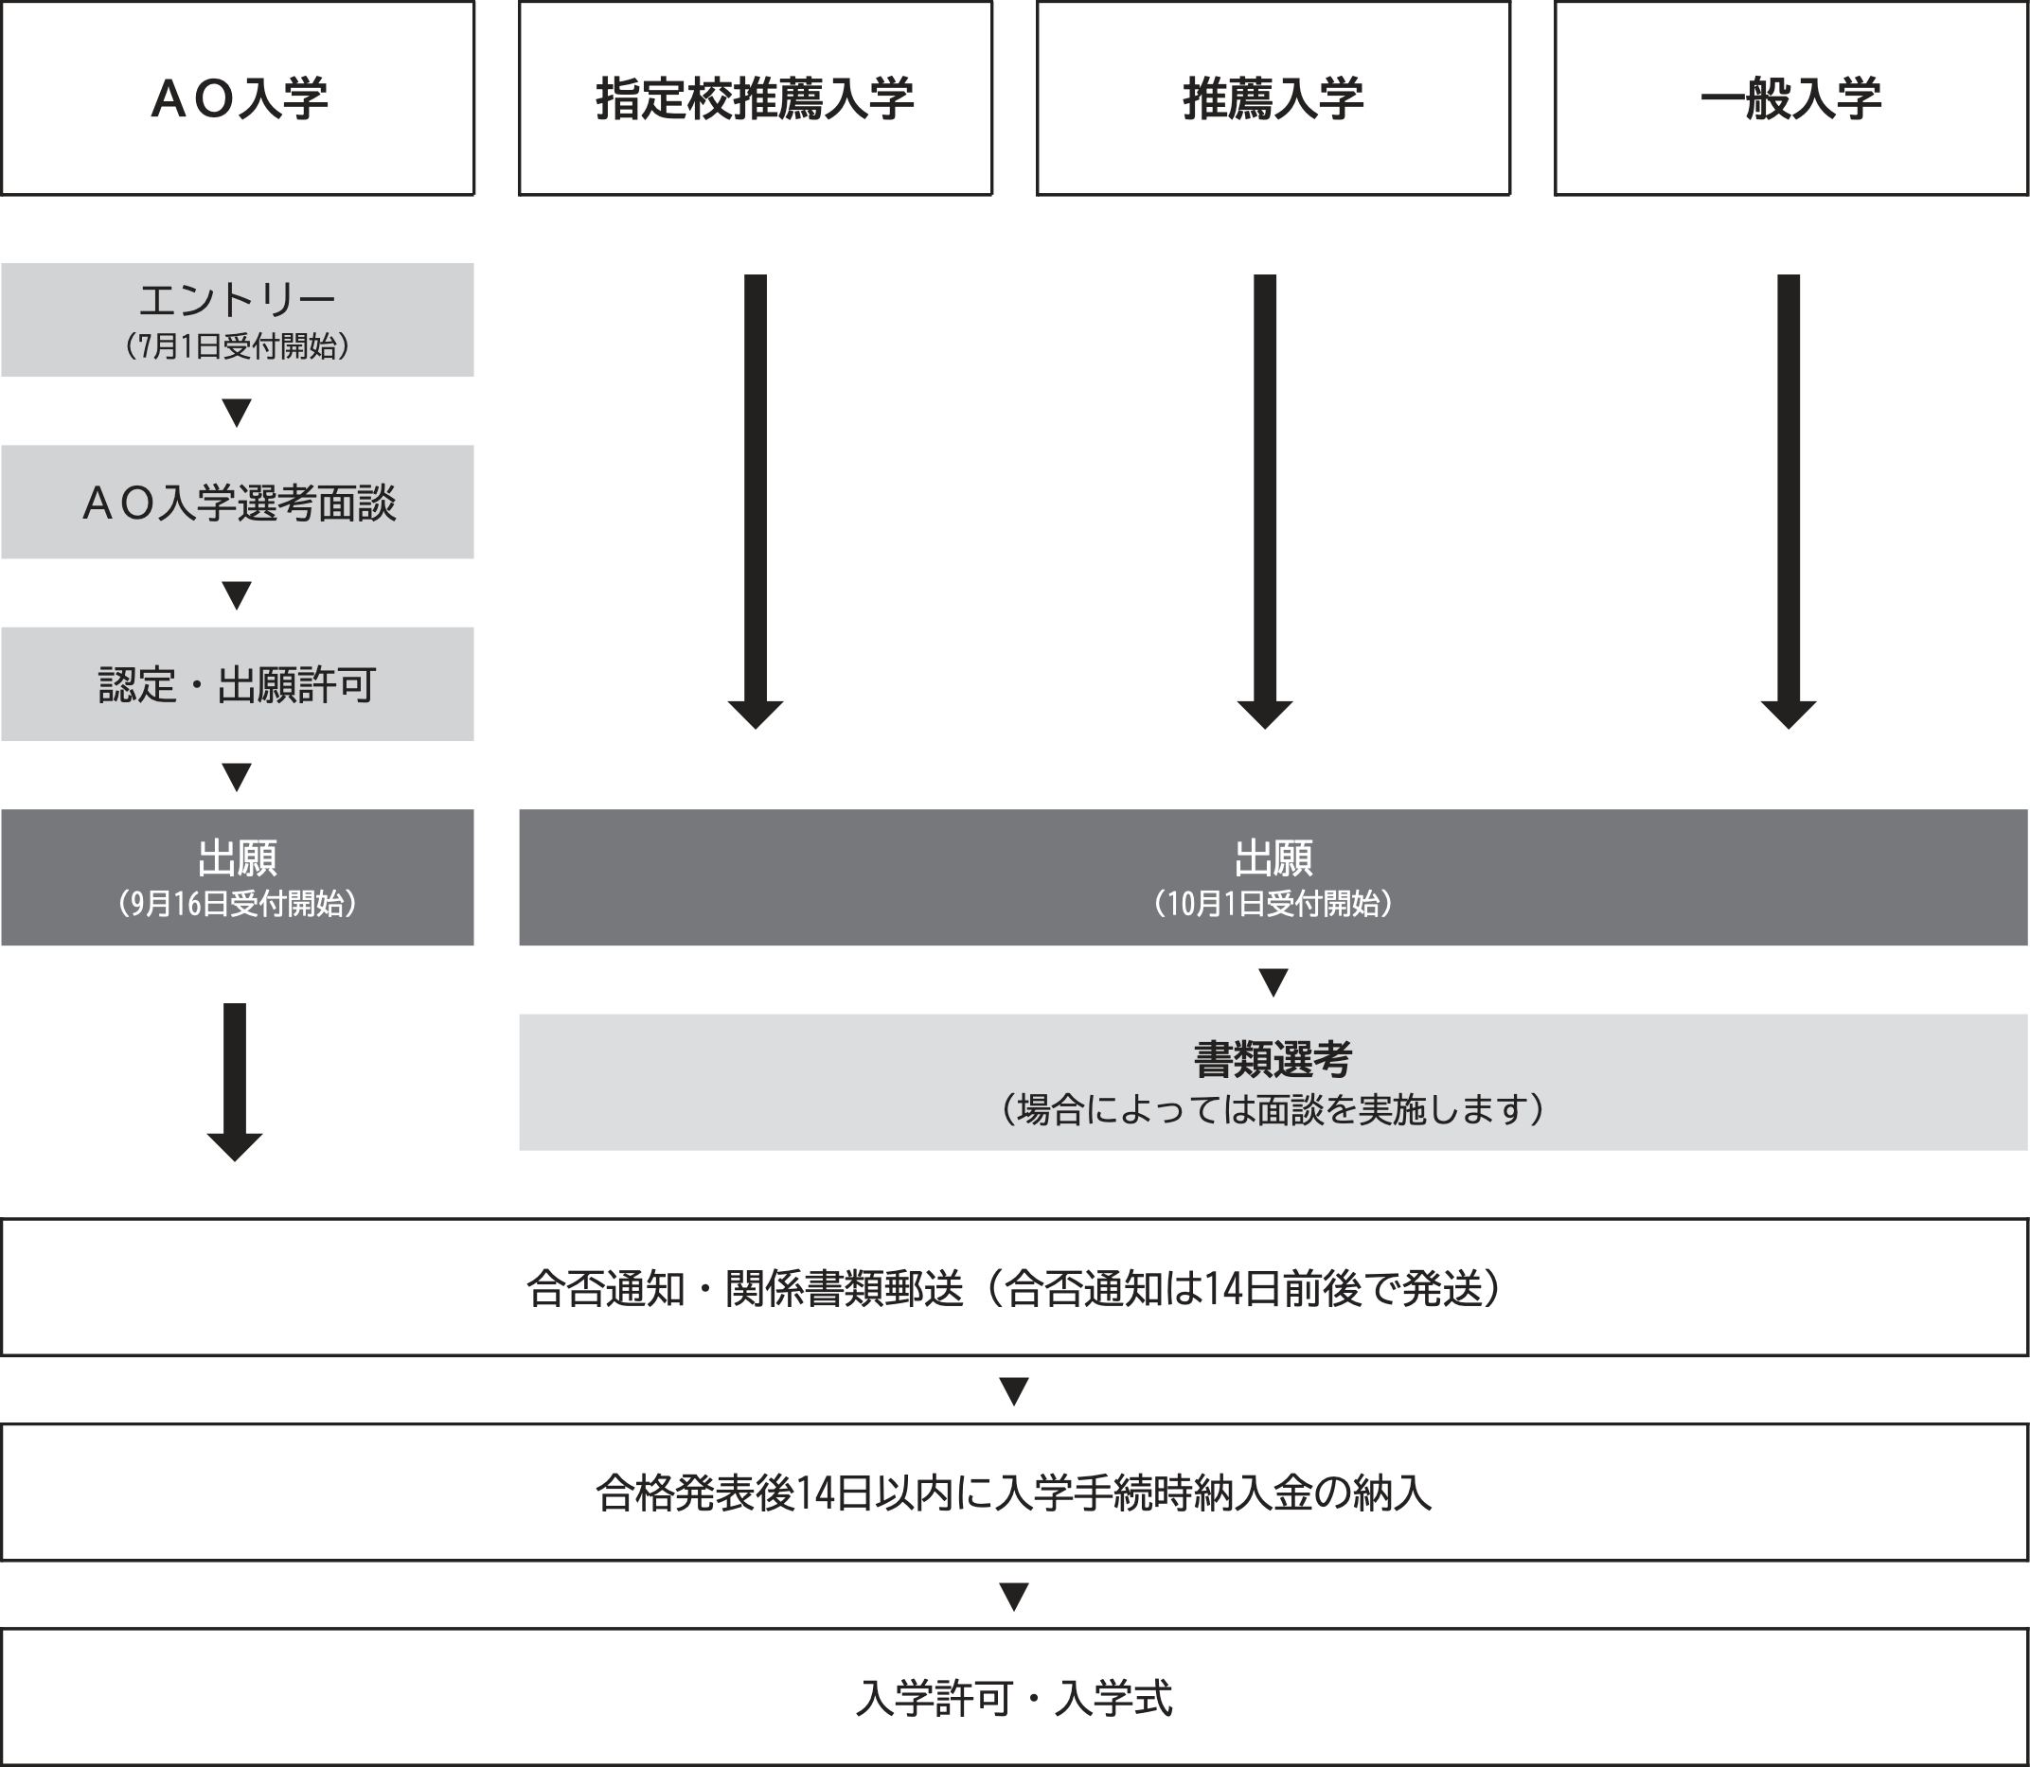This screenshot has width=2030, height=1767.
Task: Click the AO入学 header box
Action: coord(238,97)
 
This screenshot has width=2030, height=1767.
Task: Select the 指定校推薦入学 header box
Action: coord(756,97)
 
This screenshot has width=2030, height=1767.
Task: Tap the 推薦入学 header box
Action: coord(1273,97)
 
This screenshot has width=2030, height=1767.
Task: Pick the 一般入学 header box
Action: coord(1791,97)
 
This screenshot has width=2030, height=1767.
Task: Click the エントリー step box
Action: coord(238,320)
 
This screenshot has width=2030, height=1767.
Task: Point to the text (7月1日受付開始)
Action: coord(238,347)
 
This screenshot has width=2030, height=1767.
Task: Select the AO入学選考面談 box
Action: coord(238,502)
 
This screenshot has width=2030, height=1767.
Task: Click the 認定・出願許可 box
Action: coord(238,684)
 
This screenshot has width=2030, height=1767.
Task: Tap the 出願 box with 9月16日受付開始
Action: coord(238,877)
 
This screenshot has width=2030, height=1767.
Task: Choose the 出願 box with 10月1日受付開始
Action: coord(1273,877)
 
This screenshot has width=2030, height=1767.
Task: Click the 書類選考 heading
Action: coord(1273,1060)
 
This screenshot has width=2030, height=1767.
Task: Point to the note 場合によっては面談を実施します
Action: coord(1273,1110)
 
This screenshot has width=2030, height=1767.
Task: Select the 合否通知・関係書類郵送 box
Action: coord(1015,1288)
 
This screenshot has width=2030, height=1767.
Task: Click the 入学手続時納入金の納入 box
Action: coord(1015,1493)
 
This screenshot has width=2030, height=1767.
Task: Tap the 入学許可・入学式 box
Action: coord(1015,1698)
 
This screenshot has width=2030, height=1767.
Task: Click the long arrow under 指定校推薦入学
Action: coord(756,501)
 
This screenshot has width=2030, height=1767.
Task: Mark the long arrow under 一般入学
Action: coord(1789,501)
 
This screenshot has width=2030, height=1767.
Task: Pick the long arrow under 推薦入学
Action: coord(1265,501)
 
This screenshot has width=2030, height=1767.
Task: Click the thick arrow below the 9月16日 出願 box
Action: coord(235,1083)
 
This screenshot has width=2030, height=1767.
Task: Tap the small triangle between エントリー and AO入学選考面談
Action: coord(237,412)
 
